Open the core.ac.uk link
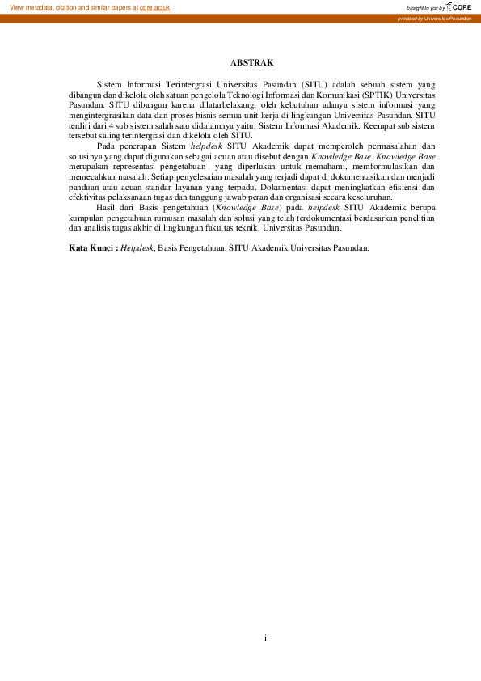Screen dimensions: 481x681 [x=155, y=6]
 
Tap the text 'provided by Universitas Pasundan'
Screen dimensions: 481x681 [x=434, y=18]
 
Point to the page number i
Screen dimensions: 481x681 [x=265, y=638]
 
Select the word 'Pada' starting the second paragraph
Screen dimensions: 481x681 [x=107, y=146]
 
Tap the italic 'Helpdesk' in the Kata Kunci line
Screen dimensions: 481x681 [x=137, y=248]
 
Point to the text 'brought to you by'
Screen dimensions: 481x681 [x=427, y=7]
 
